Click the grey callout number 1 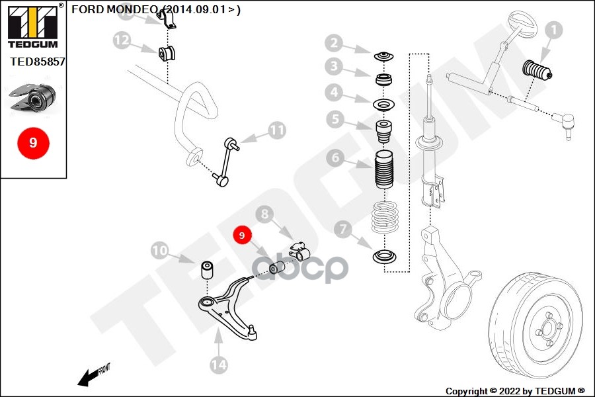(x=553, y=30)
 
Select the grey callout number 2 (x=335, y=44)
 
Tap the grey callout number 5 (x=335, y=120)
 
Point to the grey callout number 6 (x=335, y=158)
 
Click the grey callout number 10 (x=159, y=251)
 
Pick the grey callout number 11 (x=276, y=130)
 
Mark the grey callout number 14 (x=219, y=364)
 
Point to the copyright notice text (x=515, y=391)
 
